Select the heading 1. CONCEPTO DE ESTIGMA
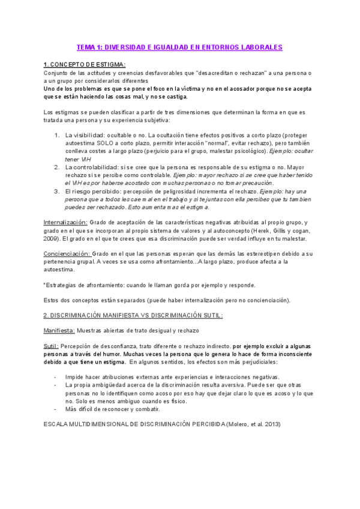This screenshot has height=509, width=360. point(85,64)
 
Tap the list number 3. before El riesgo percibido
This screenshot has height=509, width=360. point(56,191)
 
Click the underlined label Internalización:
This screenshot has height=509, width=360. point(65,222)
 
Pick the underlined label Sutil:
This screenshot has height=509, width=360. point(51,346)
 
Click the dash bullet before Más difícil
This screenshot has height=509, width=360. point(55,392)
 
